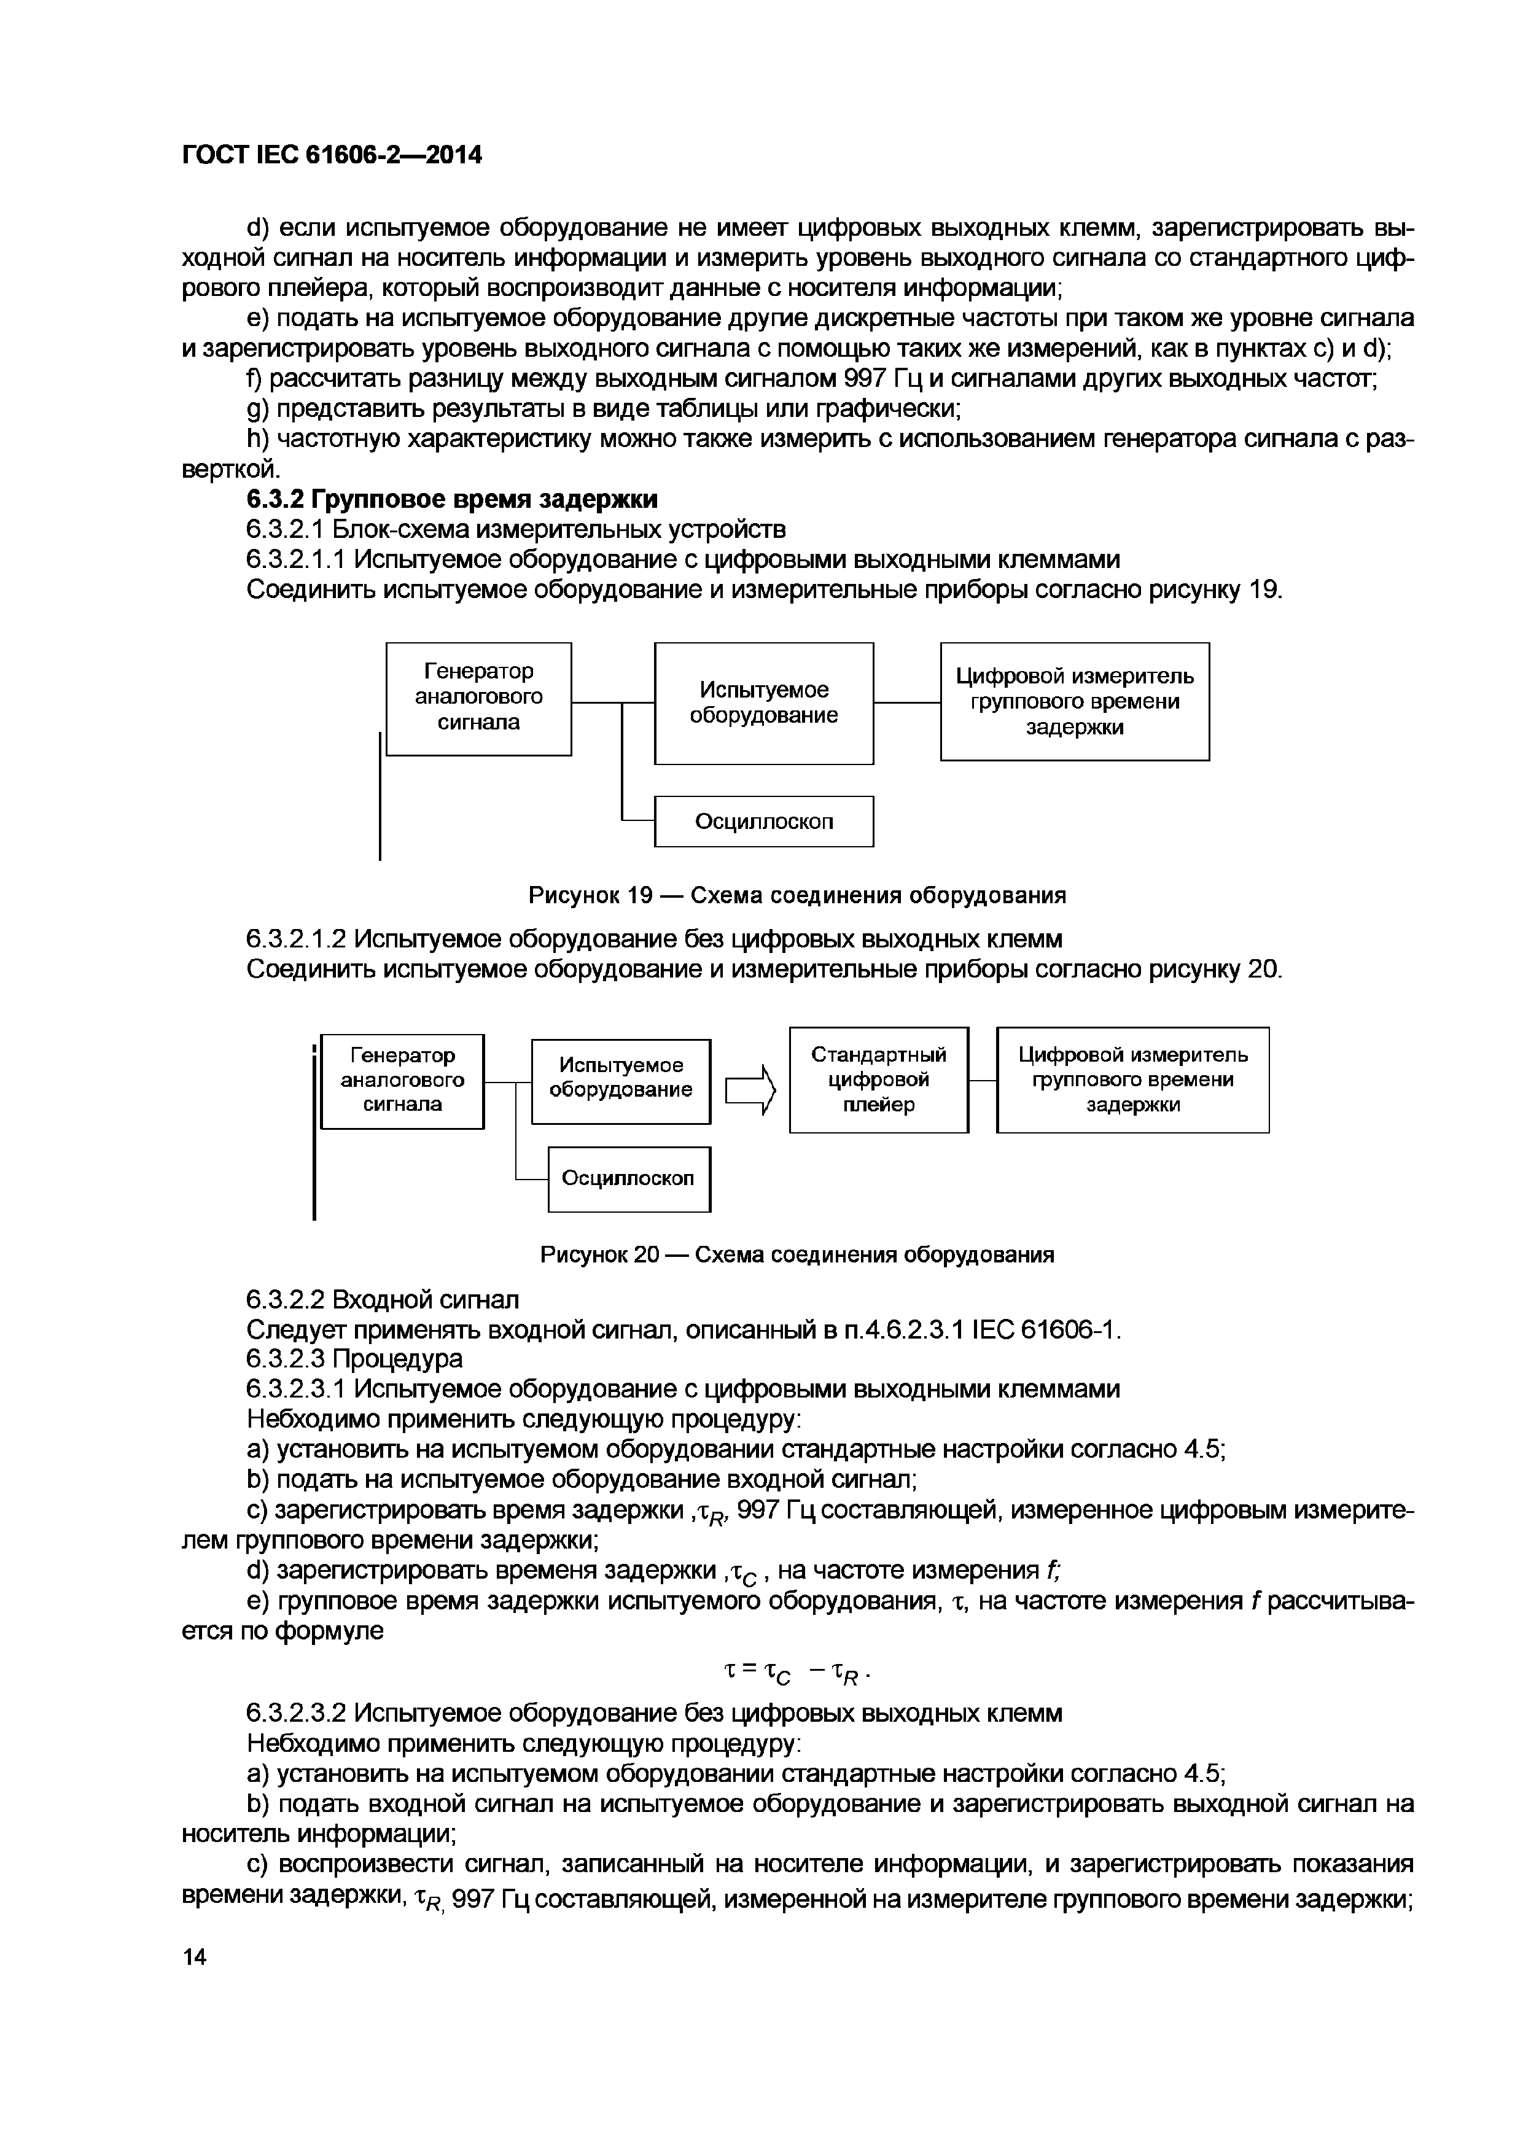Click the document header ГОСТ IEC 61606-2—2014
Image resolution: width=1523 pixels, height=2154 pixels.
331,155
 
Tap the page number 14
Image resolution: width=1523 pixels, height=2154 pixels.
194,1956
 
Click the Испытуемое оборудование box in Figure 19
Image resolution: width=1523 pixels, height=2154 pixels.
763,702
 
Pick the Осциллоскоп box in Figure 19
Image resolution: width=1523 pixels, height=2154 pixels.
763,821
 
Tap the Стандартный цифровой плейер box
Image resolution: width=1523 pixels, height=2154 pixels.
878,1080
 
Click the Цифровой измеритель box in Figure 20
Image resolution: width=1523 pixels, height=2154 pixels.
1132,1080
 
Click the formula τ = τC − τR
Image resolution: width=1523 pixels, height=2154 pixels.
800,1673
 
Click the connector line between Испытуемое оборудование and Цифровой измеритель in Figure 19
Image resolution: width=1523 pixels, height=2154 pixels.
906,702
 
